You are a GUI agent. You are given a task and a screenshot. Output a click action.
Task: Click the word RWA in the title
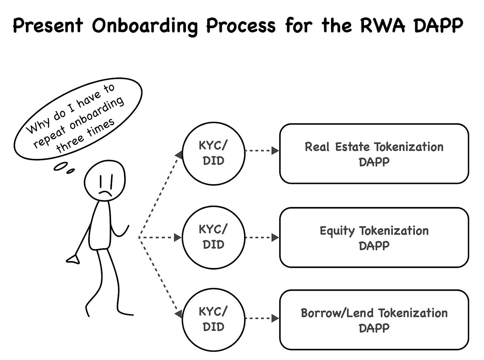pos(383,25)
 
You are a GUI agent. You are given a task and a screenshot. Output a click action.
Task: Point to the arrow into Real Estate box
pos(262,151)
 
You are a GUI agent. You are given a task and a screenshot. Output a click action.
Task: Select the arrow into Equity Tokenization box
pos(262,238)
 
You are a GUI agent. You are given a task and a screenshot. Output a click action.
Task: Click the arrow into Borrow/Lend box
pos(262,318)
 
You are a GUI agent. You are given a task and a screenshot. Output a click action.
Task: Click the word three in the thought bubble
pos(70,144)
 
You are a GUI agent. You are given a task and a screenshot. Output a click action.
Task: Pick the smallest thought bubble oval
pos(70,171)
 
